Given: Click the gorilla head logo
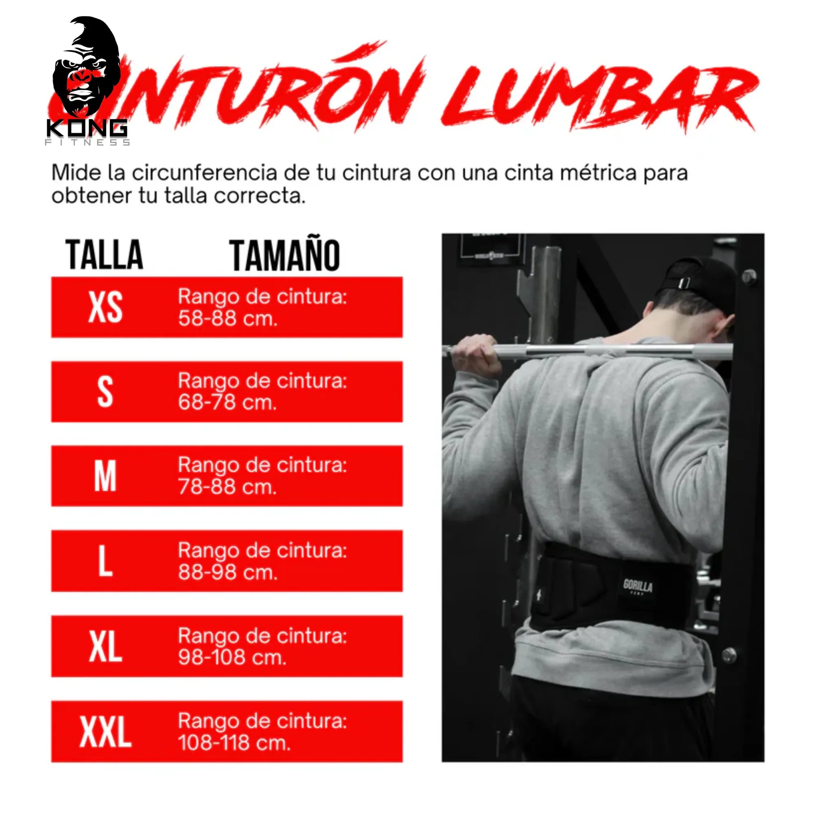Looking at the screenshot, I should click(x=86, y=68).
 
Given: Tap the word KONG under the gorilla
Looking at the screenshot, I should click(x=86, y=128).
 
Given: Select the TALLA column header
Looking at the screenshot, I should click(x=104, y=255).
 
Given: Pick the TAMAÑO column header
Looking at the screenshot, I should click(x=284, y=255).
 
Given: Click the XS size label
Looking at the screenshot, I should click(x=105, y=308).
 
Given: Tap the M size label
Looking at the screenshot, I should click(x=105, y=476).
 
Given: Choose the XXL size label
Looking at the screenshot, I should click(x=105, y=732).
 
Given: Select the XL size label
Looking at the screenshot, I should click(x=105, y=647).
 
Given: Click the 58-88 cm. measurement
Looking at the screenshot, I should click(x=228, y=319).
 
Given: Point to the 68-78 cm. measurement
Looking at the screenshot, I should click(x=227, y=403).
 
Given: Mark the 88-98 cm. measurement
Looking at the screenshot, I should click(x=228, y=572).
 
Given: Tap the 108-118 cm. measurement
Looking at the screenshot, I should click(x=234, y=743).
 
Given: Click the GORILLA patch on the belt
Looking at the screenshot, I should click(x=638, y=586).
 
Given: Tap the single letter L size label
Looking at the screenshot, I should click(x=105, y=561).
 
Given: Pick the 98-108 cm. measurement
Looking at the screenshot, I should click(x=232, y=658).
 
